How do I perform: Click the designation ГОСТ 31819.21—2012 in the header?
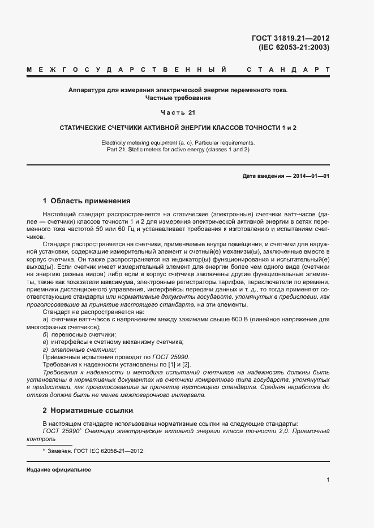click(x=291, y=38)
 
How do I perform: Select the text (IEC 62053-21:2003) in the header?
click(x=294, y=47)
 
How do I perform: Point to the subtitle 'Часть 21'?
click(x=178, y=112)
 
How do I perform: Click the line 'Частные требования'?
click(x=178, y=98)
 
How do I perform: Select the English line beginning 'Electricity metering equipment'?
click(x=178, y=142)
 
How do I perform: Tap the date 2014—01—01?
click(x=309, y=176)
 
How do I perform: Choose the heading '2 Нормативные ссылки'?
click(x=87, y=410)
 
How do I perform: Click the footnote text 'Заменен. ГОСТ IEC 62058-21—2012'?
click(x=96, y=451)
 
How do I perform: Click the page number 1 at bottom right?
click(x=328, y=480)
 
